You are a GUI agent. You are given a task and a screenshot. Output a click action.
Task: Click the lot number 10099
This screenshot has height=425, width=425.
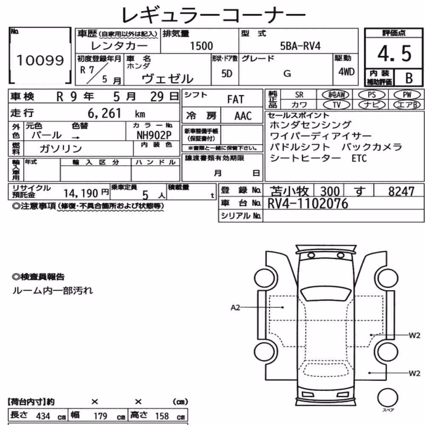40,60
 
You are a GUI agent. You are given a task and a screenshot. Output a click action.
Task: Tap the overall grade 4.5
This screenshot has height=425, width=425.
394,54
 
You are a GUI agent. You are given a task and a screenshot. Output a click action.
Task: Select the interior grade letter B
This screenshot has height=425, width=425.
409,78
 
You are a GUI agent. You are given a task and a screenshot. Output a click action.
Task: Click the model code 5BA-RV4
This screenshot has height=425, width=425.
300,46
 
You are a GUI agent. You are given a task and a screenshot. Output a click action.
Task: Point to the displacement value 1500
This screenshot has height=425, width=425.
201,46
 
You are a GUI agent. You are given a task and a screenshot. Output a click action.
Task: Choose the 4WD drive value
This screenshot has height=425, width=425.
346,72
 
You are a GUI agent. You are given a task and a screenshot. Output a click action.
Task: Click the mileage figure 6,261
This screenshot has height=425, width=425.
105,113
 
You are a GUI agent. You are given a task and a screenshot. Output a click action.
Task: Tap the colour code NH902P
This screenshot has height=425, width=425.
154,135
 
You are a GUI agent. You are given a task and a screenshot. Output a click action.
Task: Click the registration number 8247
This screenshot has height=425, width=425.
401,191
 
